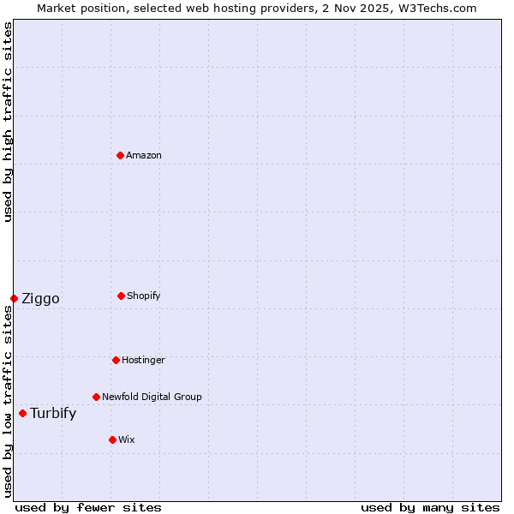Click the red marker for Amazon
(120, 155)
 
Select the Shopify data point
(121, 296)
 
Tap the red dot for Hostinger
(116, 360)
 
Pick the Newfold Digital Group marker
(96, 397)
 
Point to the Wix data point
(112, 439)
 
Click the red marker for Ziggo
(14, 298)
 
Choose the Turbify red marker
(22, 413)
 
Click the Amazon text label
(144, 156)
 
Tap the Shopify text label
(144, 296)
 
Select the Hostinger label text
(143, 361)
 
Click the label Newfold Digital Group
(152, 397)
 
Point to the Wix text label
(127, 440)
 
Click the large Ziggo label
(40, 299)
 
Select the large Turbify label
(53, 414)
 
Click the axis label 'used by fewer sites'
(88, 508)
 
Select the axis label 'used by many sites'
(430, 508)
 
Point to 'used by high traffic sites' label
(8, 122)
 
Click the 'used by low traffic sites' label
(8, 401)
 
